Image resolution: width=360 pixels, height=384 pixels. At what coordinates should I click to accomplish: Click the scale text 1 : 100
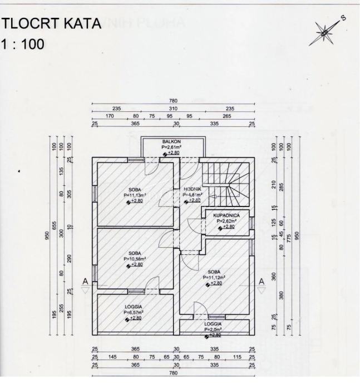23,43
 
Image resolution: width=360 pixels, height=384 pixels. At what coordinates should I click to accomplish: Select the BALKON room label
171,142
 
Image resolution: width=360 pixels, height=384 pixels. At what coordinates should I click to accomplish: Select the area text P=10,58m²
135,259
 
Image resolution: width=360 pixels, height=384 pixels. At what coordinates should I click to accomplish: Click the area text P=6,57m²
134,312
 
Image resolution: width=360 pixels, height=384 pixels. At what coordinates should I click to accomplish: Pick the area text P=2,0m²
213,329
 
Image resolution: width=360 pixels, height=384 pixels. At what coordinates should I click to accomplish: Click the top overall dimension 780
172,101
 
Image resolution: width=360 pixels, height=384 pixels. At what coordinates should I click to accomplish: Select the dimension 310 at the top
172,109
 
